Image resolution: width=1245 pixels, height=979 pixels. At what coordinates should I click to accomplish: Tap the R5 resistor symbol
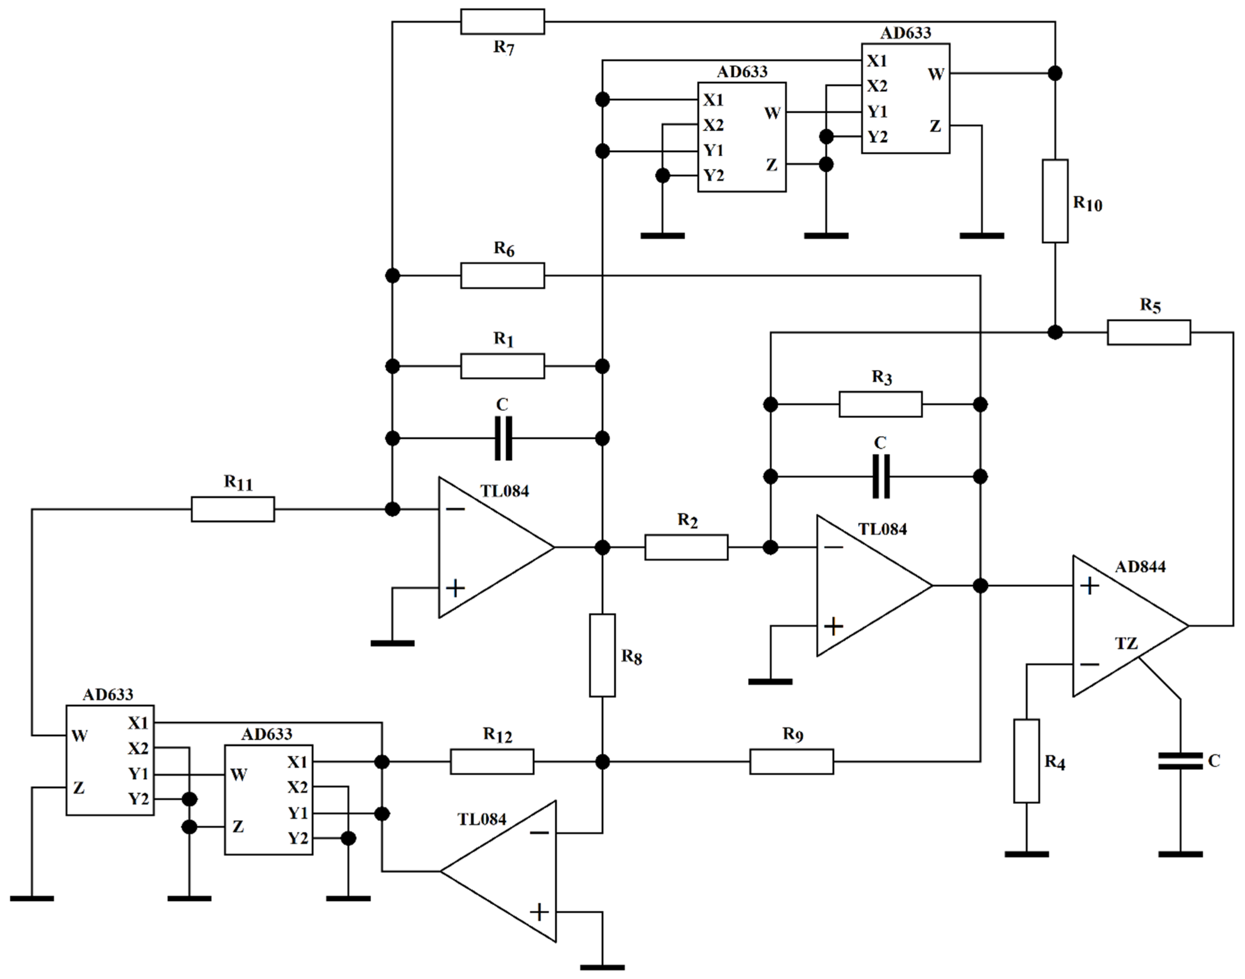tap(1149, 332)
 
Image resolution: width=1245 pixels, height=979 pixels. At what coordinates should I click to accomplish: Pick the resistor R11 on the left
tap(233, 509)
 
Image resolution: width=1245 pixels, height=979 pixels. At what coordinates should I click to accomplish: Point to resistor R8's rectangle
tap(603, 655)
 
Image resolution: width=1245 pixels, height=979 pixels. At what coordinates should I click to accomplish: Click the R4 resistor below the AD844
tap(1027, 761)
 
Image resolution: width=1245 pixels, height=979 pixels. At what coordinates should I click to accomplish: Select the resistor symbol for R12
tap(492, 762)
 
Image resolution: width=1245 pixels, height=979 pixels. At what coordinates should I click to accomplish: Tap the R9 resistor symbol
tap(792, 762)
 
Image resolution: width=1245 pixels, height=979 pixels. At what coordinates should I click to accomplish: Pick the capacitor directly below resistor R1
tap(503, 439)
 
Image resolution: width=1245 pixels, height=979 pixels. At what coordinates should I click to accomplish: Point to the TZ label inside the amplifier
tap(1126, 643)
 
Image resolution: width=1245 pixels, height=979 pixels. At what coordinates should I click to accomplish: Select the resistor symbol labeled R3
tap(880, 404)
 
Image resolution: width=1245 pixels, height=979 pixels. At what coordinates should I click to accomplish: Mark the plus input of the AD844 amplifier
tap(1089, 586)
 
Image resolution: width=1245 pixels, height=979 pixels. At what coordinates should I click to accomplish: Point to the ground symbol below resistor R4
tap(1027, 854)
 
